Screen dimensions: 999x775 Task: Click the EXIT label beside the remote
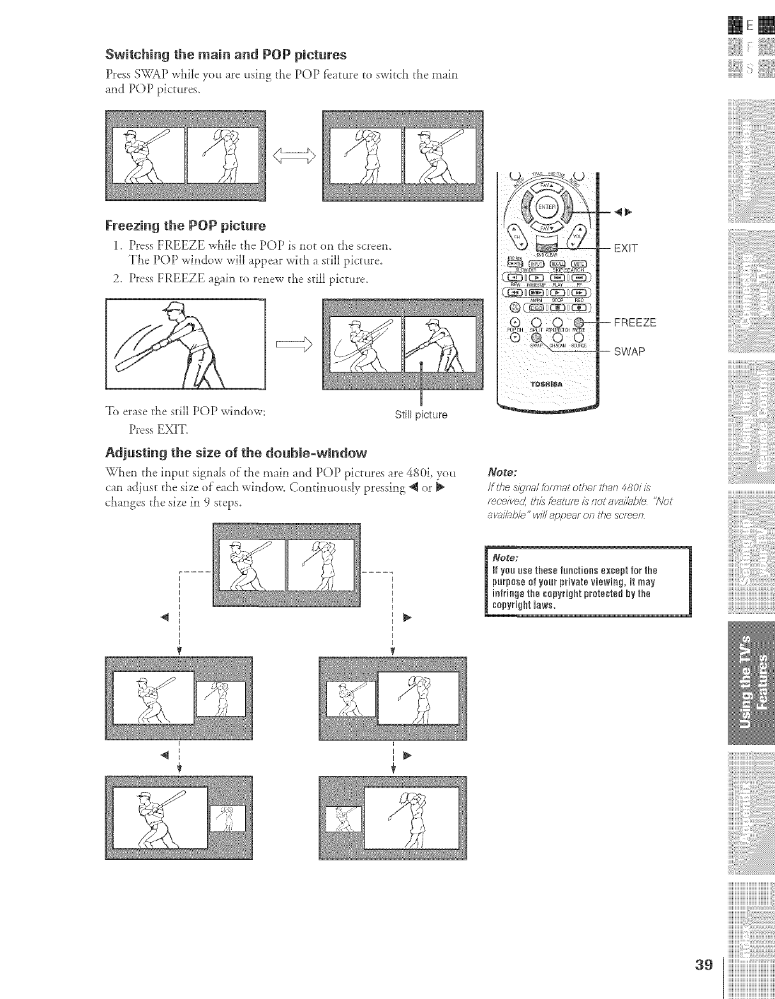click(x=626, y=247)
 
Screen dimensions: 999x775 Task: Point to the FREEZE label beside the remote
click(x=635, y=323)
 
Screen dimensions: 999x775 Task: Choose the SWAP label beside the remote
click(x=629, y=352)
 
